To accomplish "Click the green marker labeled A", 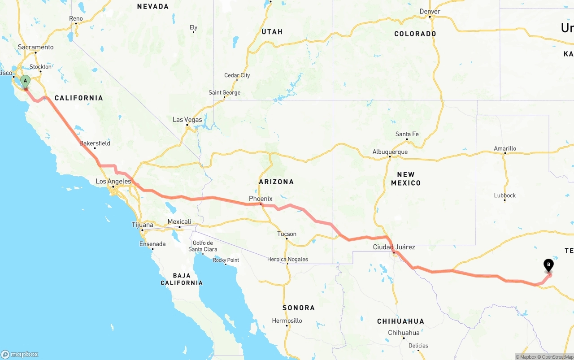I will point(26,81).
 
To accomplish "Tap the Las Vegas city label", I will point(187,120).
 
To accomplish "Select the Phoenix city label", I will point(261,199).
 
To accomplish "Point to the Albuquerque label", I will point(390,152).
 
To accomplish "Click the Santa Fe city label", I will point(407,134).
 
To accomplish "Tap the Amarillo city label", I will point(505,148).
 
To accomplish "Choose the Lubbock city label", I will point(505,195).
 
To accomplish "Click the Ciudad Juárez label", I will point(394,247).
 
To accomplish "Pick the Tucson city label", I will point(287,234).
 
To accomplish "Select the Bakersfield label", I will point(95,143).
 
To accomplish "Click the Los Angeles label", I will point(113,182).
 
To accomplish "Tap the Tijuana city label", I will point(142,225).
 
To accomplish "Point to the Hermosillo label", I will point(287,321).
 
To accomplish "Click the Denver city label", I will point(430,12).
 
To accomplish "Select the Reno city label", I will point(76,18).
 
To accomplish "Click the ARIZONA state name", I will point(276,182).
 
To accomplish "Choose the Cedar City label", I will point(237,75).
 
